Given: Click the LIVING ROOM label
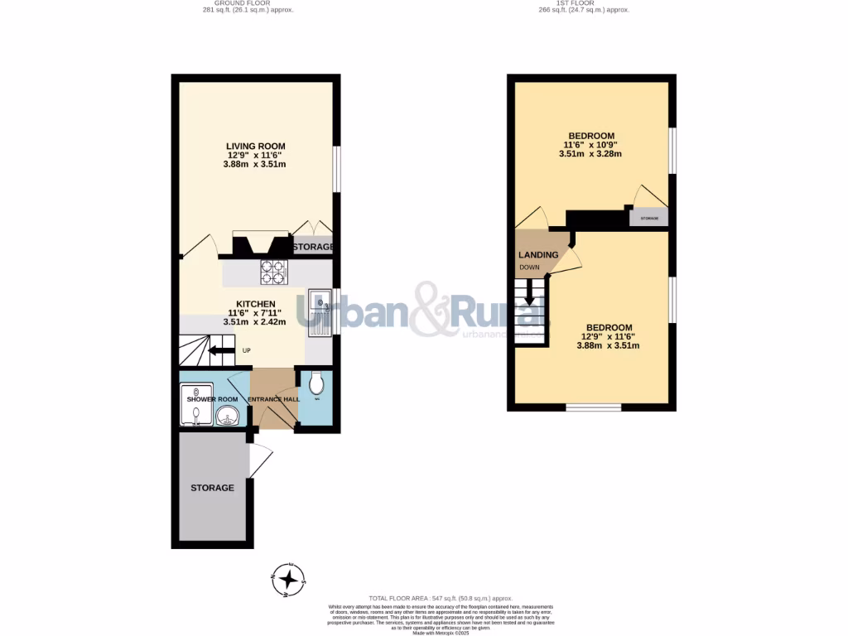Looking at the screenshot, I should tap(255, 146).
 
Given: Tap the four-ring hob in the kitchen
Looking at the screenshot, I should tap(273, 271).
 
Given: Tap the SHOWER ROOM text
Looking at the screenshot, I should tap(212, 399).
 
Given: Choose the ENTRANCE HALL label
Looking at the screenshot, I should tap(275, 399).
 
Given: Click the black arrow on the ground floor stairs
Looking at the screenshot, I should tap(218, 350).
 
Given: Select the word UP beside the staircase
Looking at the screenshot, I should tap(246, 350).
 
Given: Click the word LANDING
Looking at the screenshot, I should tap(538, 254).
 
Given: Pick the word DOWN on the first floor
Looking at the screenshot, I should tap(528, 267).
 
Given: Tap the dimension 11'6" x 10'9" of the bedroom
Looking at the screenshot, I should tap(590, 145).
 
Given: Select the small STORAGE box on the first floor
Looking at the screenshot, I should tap(648, 218).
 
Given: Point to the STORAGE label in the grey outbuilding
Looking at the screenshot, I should tap(212, 488).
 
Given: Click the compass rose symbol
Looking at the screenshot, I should tap(290, 579).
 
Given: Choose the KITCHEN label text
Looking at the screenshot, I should tap(256, 303).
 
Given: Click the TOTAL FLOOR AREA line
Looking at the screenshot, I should tap(441, 598).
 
